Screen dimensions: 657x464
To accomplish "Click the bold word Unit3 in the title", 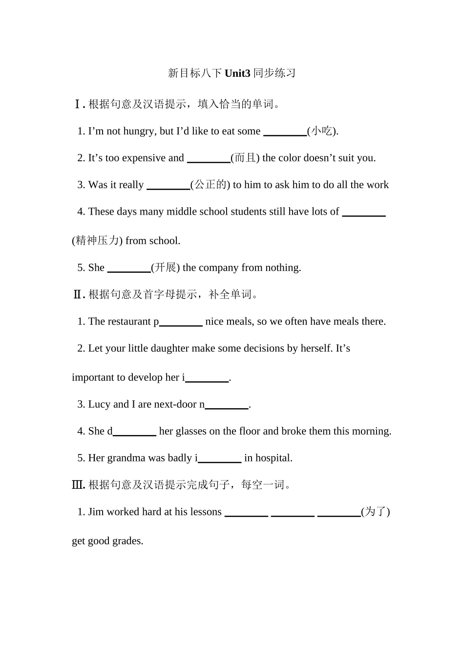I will click(x=237, y=73).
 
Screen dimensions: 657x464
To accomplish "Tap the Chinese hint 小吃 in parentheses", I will click(x=322, y=131).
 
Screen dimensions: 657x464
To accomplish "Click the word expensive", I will click(x=144, y=158).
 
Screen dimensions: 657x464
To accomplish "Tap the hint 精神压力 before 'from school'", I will click(x=97, y=241).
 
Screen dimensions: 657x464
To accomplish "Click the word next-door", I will click(x=175, y=404).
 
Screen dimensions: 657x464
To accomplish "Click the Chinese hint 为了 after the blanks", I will click(x=376, y=512).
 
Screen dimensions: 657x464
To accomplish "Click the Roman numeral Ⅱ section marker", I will click(x=78, y=294).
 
